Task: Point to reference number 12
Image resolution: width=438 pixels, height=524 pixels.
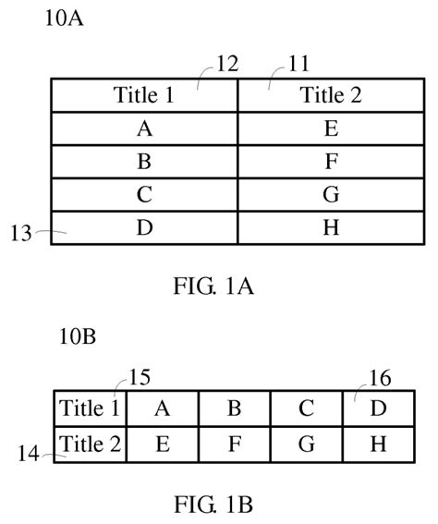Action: coord(227,64)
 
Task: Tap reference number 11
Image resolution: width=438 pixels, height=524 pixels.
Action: coord(298,64)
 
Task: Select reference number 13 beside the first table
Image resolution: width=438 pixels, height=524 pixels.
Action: coord(22,235)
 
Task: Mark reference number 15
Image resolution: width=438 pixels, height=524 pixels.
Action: coord(140,376)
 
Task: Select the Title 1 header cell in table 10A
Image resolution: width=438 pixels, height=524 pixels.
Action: coord(144,95)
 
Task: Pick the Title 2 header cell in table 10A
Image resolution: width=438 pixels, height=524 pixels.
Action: coord(331,95)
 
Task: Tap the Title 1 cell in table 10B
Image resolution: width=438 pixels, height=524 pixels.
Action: coord(90,408)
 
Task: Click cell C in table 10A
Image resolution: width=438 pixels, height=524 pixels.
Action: coord(144,195)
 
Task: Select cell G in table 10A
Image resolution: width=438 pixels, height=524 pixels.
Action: coord(331,195)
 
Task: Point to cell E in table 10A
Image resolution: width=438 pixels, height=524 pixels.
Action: coord(331,128)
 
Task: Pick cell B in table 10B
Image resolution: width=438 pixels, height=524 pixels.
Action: coord(235,408)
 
